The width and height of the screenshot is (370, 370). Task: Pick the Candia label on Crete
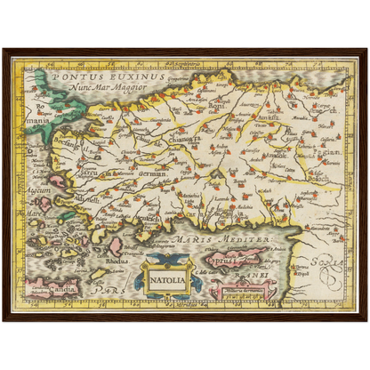(49, 289)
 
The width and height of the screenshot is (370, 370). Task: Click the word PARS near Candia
(107, 289)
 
